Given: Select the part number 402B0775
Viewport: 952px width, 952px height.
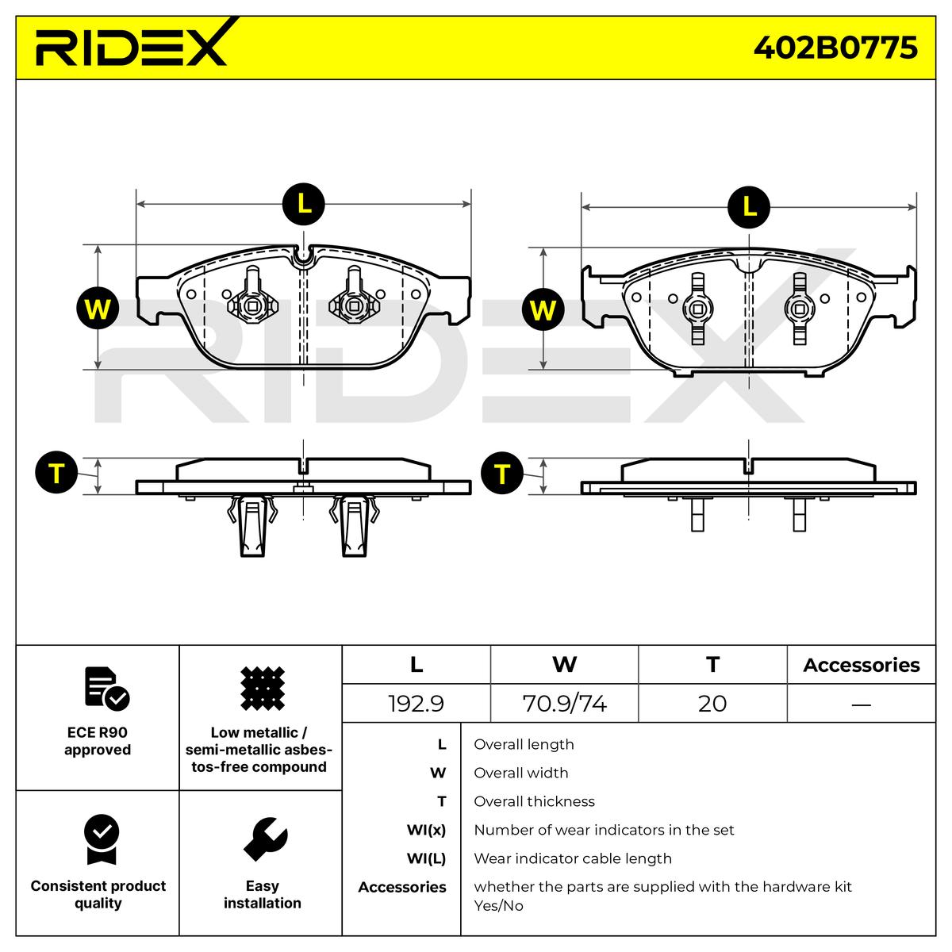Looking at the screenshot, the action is pyautogui.click(x=835, y=48).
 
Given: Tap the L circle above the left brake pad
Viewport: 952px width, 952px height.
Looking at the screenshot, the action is pyautogui.click(x=303, y=204).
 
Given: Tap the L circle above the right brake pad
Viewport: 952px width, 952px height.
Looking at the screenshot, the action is pyautogui.click(x=749, y=207).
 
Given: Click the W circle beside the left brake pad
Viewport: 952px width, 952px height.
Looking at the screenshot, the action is pyautogui.click(x=98, y=309).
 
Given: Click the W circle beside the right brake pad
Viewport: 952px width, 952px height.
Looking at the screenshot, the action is pyautogui.click(x=543, y=309).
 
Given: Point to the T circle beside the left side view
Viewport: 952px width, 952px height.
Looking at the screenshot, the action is pyautogui.click(x=56, y=472).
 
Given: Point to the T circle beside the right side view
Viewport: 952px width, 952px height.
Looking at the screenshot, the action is pyautogui.click(x=502, y=473).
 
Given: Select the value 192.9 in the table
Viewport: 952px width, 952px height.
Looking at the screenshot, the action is pyautogui.click(x=416, y=704).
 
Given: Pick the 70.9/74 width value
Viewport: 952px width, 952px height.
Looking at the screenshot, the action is pyautogui.click(x=564, y=704).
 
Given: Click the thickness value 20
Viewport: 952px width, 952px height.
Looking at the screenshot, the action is pyautogui.click(x=712, y=704).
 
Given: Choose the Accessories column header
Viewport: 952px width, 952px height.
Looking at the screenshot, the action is pyautogui.click(x=861, y=665).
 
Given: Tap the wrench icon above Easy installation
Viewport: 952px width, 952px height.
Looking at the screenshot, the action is pyautogui.click(x=265, y=839).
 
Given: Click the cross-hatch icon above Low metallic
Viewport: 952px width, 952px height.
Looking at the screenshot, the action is pyautogui.click(x=263, y=689).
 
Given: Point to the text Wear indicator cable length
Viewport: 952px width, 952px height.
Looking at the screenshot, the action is pyautogui.click(x=573, y=858).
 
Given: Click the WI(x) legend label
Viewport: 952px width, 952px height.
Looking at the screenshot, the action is pyautogui.click(x=426, y=830).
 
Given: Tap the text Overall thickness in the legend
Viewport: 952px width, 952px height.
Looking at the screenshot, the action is pyautogui.click(x=534, y=801).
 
